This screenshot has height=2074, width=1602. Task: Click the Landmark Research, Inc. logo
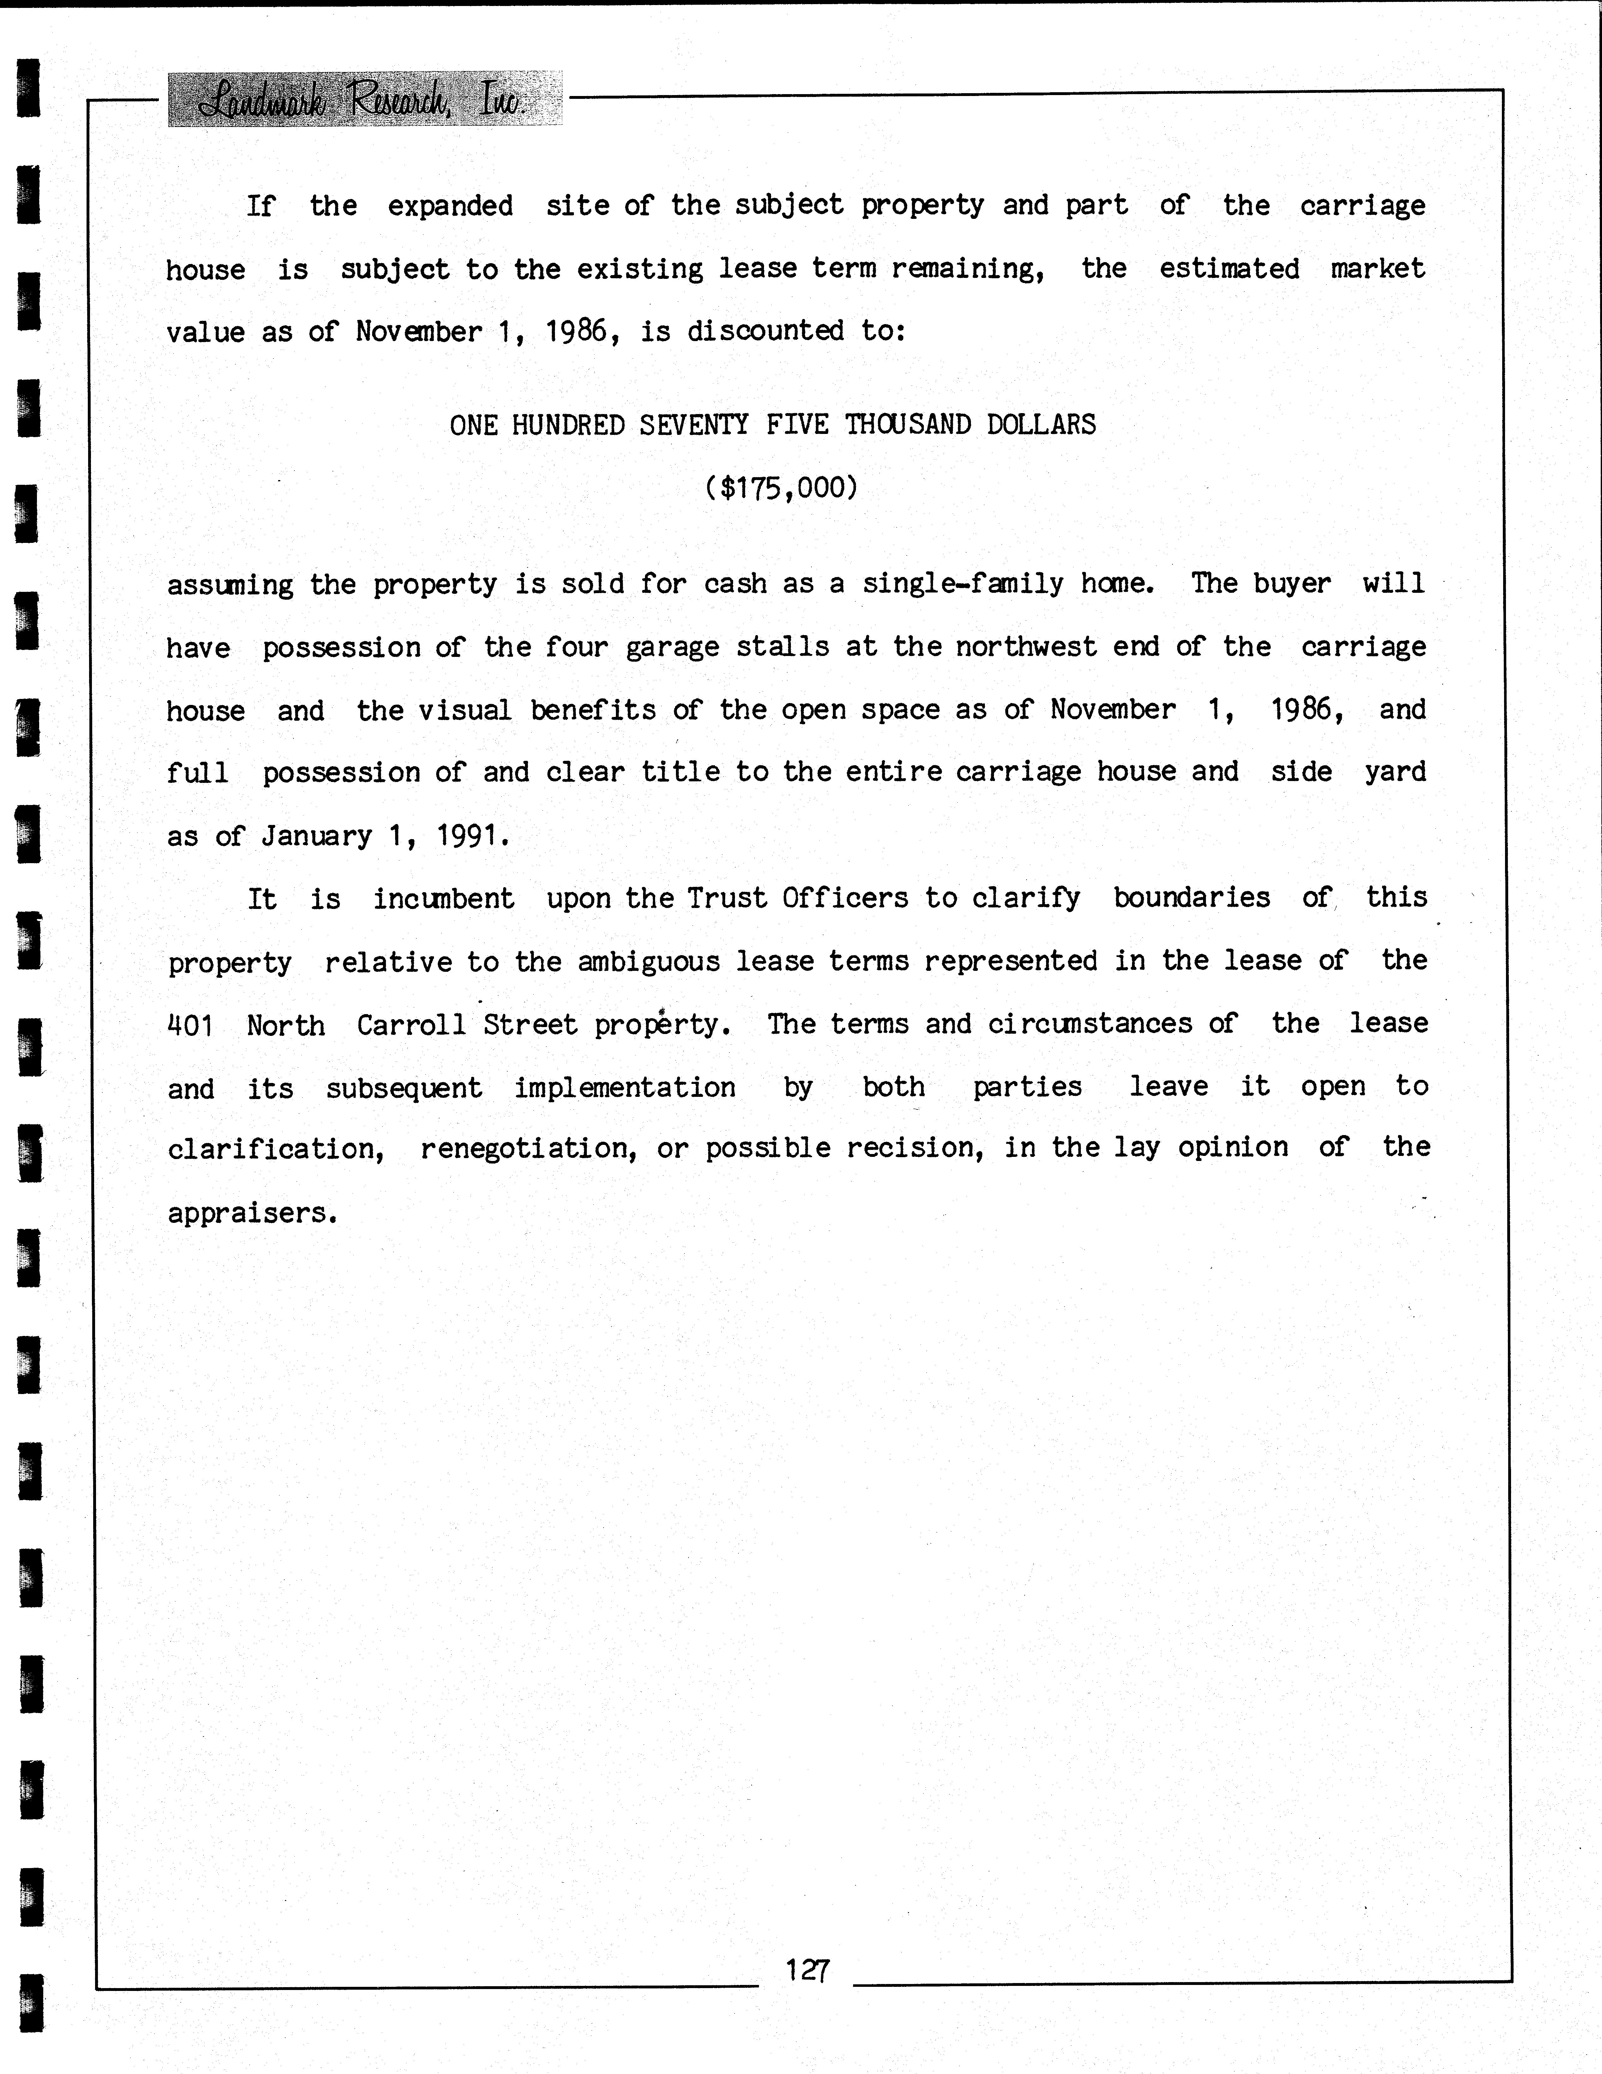coord(365,99)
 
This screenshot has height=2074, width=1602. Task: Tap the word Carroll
coord(411,1025)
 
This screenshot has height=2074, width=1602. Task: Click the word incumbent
coord(443,898)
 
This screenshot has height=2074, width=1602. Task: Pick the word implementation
coord(625,1087)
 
